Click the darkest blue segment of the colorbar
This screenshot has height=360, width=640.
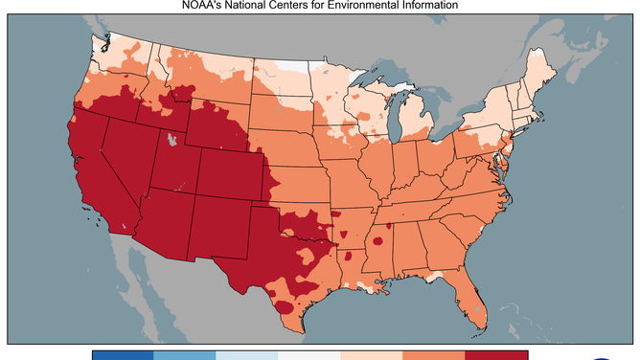(123, 354)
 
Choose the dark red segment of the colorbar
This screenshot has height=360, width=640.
(484, 354)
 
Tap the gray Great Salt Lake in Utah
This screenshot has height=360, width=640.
(171, 141)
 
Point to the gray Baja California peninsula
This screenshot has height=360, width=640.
(133, 278)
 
